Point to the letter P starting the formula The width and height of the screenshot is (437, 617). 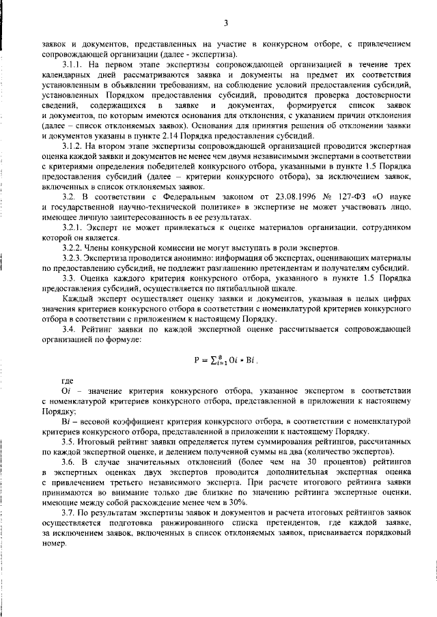196,360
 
